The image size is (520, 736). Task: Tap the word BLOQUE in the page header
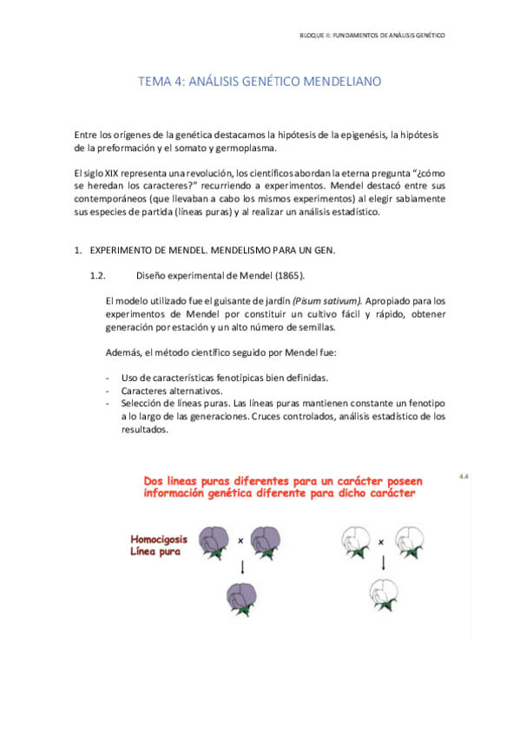(x=313, y=36)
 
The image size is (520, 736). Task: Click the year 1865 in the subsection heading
(x=287, y=276)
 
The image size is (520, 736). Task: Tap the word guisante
(x=215, y=300)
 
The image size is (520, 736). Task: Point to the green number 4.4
(x=463, y=476)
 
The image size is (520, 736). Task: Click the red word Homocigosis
(x=159, y=538)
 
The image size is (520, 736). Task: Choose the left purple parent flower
(x=213, y=542)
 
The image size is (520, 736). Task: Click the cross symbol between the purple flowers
(x=239, y=541)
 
